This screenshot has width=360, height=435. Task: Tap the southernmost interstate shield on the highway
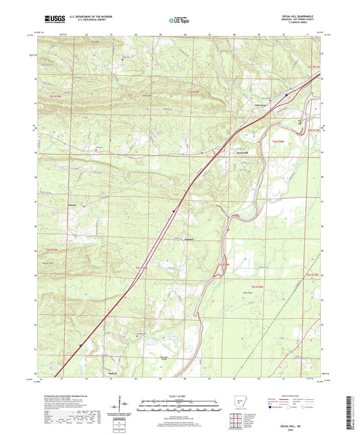(79, 344)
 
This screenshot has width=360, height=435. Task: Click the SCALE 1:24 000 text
(180, 395)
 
